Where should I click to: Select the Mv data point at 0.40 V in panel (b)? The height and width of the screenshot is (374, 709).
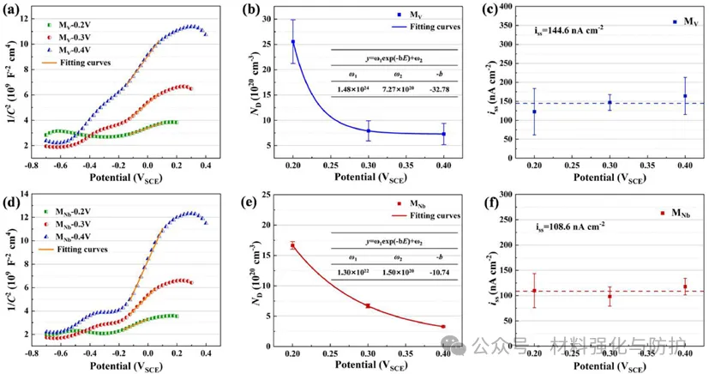[443, 134]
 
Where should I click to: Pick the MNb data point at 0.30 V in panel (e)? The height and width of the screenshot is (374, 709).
[369, 305]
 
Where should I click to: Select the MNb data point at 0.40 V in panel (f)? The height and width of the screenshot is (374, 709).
[685, 287]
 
